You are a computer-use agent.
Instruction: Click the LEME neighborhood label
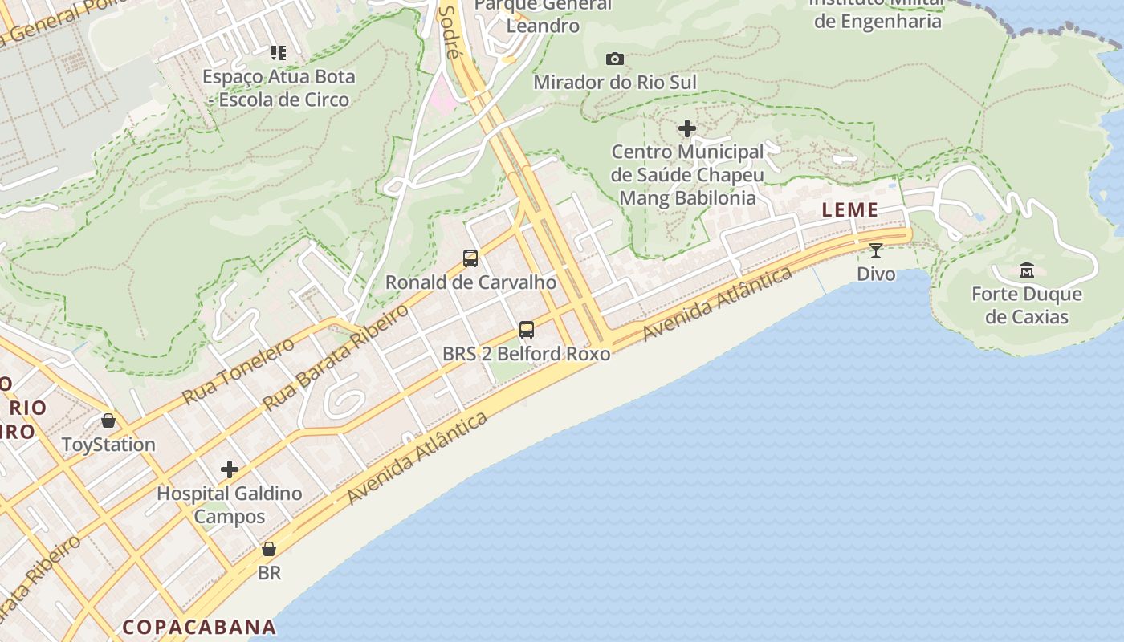click(849, 210)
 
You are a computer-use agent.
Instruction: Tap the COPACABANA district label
click(199, 627)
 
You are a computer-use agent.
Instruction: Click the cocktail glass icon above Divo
click(876, 250)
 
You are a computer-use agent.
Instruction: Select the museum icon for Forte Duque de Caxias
click(1026, 270)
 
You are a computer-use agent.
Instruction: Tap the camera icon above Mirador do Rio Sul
click(615, 59)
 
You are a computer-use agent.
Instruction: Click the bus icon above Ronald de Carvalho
click(470, 258)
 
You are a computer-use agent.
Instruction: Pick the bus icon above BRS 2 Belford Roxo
click(527, 330)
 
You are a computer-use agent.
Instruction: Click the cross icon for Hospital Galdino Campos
click(230, 469)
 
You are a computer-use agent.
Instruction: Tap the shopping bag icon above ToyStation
click(108, 421)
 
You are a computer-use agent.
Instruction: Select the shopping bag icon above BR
click(269, 549)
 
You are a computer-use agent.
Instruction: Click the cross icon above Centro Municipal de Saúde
click(687, 128)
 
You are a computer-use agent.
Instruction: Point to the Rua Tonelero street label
click(238, 371)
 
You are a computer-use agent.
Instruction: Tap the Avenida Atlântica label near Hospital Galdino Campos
click(417, 459)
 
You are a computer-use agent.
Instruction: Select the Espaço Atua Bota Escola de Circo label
click(279, 88)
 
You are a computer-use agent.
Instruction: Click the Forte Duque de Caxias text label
click(1027, 305)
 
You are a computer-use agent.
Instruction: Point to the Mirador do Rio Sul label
click(615, 82)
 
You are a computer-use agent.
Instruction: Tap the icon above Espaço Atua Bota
click(279, 53)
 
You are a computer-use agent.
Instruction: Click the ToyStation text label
click(108, 445)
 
